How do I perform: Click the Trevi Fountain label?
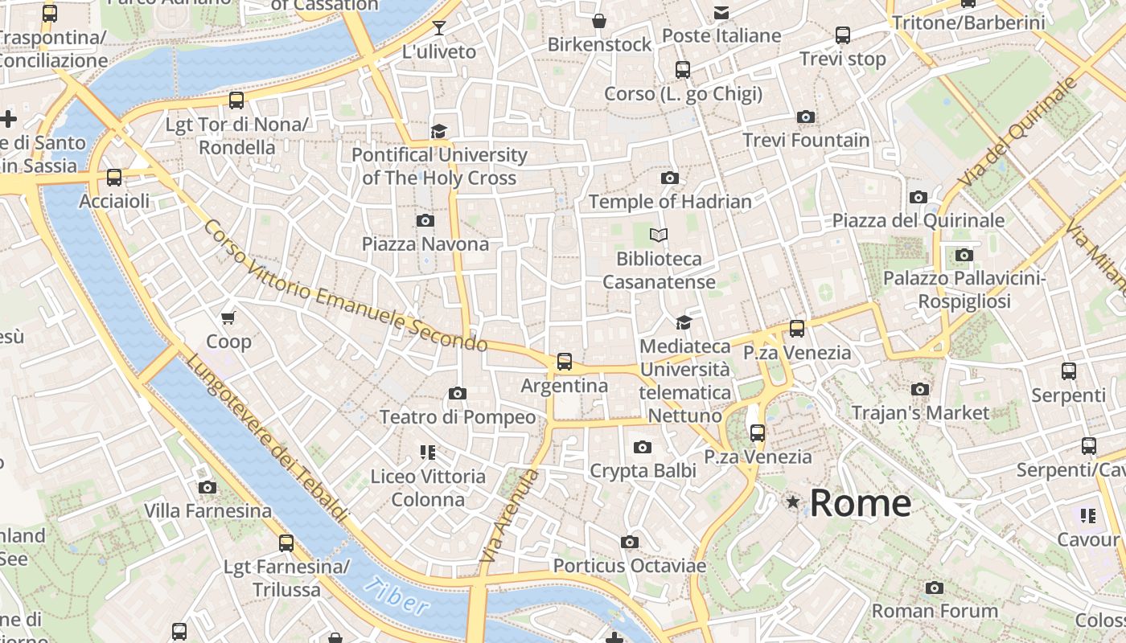(x=806, y=140)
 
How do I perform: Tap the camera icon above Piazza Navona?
(x=425, y=220)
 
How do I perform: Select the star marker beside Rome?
(x=793, y=502)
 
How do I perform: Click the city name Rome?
(x=860, y=503)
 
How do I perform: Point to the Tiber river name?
(x=395, y=596)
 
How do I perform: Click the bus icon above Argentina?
(x=565, y=362)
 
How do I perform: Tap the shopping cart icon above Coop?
(x=228, y=318)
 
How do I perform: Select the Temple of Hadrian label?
(x=670, y=201)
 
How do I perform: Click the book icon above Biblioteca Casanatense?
(x=659, y=235)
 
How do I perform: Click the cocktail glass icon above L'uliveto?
(x=438, y=28)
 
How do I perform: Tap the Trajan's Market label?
(x=920, y=412)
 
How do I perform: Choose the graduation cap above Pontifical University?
(x=438, y=131)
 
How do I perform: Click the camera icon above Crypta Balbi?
(x=642, y=447)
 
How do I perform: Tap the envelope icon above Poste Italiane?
(x=721, y=12)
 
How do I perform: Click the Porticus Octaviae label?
(x=630, y=566)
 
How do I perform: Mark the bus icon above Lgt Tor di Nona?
(x=236, y=100)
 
